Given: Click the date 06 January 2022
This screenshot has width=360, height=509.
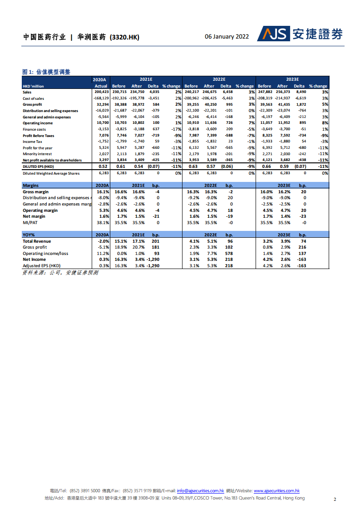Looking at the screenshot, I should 227,37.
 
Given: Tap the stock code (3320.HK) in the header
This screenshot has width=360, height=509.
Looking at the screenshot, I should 124,37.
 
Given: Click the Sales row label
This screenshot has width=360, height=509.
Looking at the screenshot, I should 27,92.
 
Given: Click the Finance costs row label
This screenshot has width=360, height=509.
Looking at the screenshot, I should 35,129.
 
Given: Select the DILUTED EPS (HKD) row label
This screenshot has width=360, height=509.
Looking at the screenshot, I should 38,167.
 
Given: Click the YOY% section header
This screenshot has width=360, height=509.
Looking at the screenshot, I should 30,235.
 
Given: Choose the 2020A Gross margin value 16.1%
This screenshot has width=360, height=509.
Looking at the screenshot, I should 103,192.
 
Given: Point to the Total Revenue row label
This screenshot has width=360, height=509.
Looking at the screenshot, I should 37,241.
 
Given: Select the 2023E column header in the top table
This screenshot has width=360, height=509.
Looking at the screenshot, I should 295,79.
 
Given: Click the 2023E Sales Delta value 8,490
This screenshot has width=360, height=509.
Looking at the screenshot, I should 300,92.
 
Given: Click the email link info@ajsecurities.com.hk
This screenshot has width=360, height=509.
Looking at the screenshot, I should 200,490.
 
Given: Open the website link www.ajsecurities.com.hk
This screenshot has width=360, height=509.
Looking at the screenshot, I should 276,490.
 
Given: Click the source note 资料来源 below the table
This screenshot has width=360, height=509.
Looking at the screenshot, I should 60,273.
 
